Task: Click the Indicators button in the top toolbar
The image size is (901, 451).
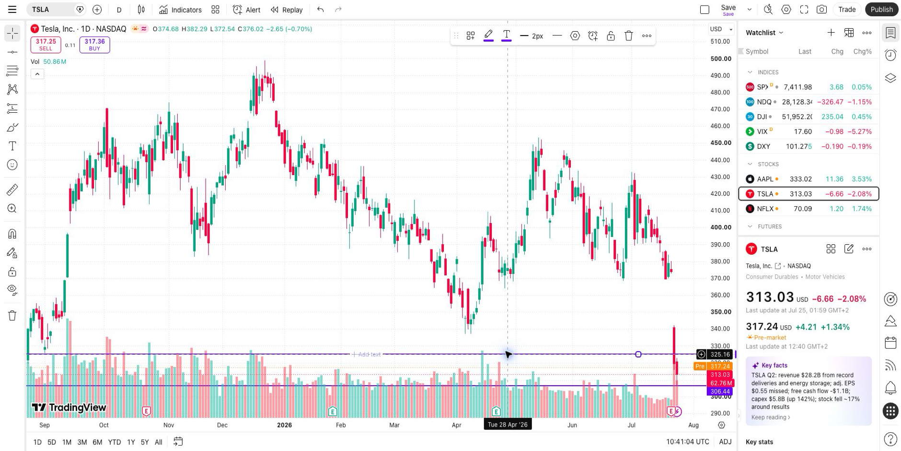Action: click(180, 10)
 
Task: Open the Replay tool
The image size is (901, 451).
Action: click(287, 10)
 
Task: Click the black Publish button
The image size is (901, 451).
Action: click(882, 10)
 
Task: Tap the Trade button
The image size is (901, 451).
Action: click(847, 10)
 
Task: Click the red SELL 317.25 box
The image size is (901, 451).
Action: click(46, 45)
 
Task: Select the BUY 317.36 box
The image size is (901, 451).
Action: click(94, 45)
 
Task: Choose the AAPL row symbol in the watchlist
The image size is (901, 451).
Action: click(765, 179)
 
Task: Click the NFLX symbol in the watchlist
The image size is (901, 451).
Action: click(765, 209)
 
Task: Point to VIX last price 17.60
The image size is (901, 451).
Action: click(803, 131)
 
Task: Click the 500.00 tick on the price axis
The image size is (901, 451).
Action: click(721, 59)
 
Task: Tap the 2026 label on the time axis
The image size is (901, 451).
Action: click(284, 425)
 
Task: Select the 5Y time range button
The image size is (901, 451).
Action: click(145, 442)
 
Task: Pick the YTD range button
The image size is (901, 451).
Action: click(114, 442)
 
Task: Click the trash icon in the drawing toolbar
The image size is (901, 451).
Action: click(629, 36)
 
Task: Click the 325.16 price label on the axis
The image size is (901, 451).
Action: click(720, 355)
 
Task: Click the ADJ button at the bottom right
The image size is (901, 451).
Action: click(725, 442)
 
